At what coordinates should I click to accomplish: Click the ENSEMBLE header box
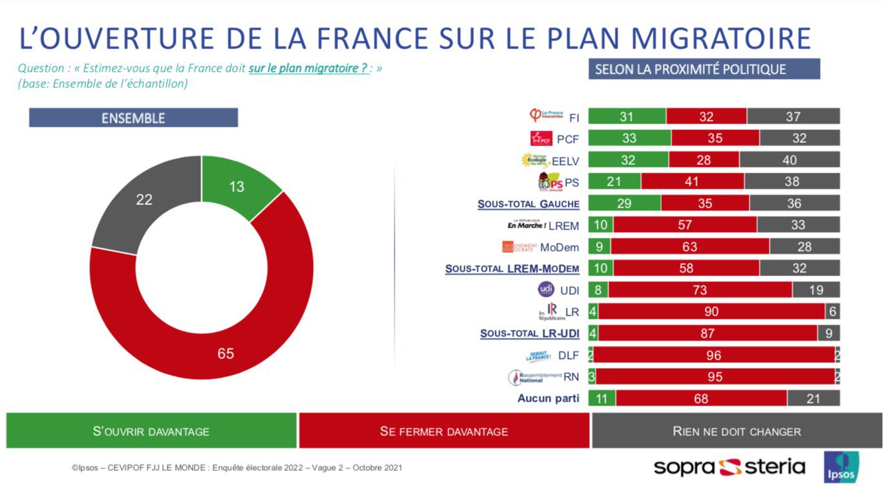point(133,118)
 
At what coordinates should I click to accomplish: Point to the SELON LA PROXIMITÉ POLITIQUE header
point(704,69)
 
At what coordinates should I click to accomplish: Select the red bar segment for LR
point(711,312)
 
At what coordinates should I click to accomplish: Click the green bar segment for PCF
point(629,138)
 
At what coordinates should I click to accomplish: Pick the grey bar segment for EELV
point(790,160)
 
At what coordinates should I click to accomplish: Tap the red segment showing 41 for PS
point(692,182)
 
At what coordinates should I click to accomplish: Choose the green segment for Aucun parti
point(601,398)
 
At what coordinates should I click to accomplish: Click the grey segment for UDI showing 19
point(816,290)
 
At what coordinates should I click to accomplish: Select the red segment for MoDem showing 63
point(690,246)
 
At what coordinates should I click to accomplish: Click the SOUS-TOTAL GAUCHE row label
point(528,204)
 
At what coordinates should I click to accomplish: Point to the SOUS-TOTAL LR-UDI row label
point(530,334)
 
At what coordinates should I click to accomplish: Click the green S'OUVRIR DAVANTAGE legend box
point(151,431)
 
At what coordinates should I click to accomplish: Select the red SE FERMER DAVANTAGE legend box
point(444,431)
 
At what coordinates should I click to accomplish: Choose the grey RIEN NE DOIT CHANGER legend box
point(737,431)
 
